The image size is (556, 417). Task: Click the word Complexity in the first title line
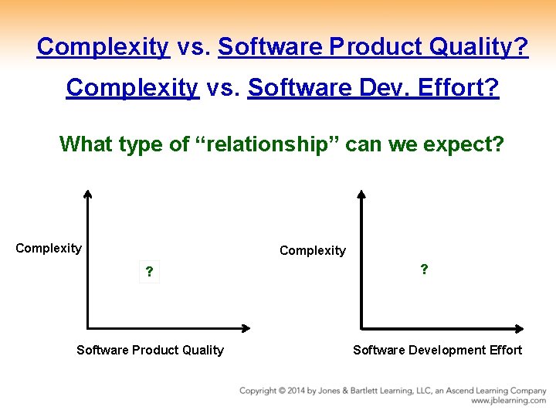pos(103,47)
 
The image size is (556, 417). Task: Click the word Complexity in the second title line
pos(132,88)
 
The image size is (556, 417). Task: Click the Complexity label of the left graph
pos(49,248)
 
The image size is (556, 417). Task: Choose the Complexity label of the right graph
pos(313,250)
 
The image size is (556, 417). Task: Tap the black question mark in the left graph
pos(149,273)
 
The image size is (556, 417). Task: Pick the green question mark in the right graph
pos(424,270)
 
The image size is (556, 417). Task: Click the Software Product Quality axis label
pos(150,351)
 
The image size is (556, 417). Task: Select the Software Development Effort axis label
pos(437,351)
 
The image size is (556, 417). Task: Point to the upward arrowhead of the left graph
pos(87,195)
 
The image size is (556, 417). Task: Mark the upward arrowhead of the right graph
pos(361,195)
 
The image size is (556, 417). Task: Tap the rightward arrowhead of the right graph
pos(518,328)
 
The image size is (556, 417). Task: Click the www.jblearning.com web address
pos(508,401)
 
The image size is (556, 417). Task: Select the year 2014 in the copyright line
pos(297,391)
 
